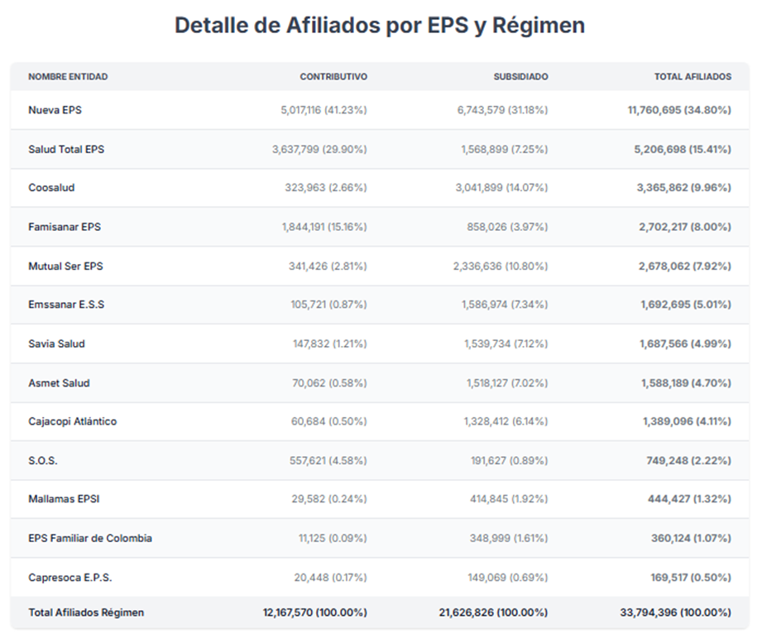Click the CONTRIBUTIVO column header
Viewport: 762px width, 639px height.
(333, 77)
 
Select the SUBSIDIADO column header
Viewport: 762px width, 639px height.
(520, 77)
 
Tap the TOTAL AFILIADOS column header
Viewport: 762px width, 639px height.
(693, 77)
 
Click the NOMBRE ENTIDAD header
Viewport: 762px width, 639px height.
(68, 77)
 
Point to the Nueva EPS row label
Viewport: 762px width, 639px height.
(55, 110)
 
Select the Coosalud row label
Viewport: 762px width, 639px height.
(51, 188)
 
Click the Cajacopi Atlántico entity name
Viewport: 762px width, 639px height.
(72, 421)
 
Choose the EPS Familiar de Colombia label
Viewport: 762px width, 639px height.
(90, 538)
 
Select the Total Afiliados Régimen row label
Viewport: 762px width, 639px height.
(86, 613)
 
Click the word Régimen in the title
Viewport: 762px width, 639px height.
(539, 26)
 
